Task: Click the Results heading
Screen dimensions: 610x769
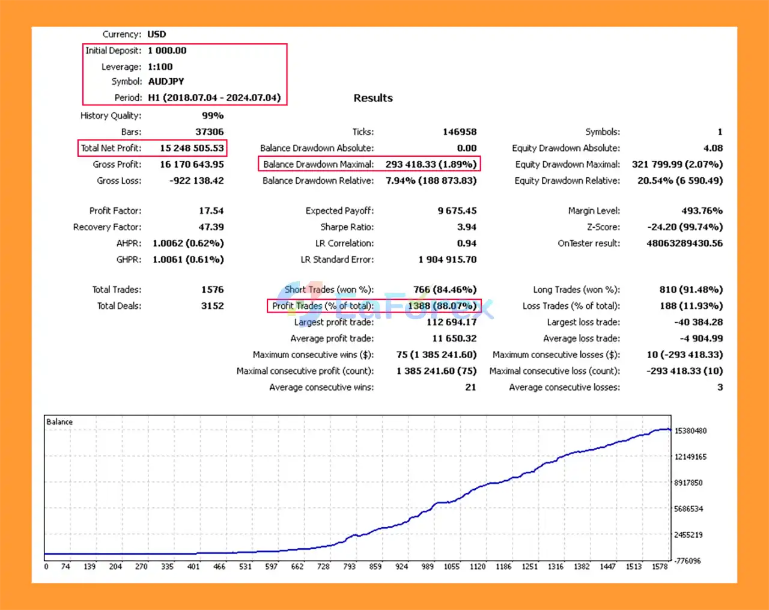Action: [373, 98]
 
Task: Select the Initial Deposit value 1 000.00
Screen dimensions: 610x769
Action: [167, 50]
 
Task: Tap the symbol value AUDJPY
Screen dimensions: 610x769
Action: [166, 81]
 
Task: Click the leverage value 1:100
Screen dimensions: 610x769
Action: [160, 67]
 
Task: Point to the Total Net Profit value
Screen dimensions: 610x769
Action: [192, 148]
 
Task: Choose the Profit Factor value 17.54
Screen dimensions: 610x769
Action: [211, 211]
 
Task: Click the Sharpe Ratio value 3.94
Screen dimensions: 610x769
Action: [466, 227]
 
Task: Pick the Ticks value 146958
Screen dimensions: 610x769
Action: [460, 132]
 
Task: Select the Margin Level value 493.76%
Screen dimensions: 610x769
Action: [702, 211]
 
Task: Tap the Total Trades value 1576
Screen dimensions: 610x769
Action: [212, 290]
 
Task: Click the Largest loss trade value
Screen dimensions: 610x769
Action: [698, 322]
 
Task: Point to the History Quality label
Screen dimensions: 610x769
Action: [111, 115]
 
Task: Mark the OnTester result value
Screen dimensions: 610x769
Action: [684, 243]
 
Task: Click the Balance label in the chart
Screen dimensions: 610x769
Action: [59, 422]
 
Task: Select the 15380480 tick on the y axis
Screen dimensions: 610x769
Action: [690, 431]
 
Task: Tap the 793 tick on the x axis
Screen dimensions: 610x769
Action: [349, 567]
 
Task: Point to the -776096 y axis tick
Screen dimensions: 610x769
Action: [688, 561]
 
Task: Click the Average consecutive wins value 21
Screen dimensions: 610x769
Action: [470, 388]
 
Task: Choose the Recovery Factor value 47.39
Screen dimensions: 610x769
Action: [211, 227]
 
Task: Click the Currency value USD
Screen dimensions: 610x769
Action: [157, 34]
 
